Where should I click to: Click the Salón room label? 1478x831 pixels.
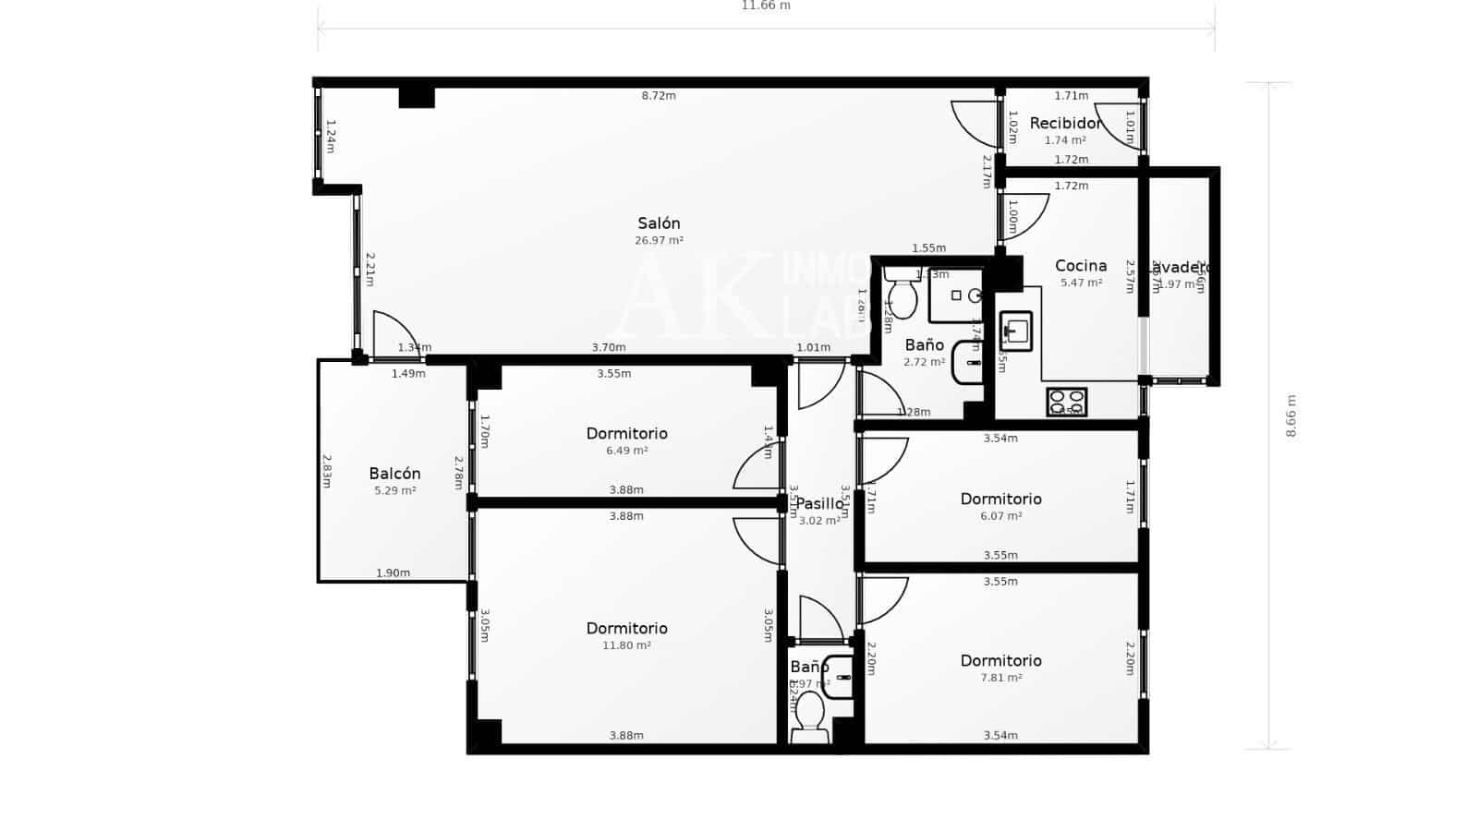[659, 223]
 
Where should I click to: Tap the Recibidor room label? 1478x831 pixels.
[1065, 123]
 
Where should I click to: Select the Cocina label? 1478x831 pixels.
[1081, 266]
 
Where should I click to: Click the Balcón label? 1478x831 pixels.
[394, 474]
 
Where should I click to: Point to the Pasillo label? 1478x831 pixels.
[819, 503]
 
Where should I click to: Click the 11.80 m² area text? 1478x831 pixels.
[626, 645]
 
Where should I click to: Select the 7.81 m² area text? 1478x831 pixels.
[1000, 678]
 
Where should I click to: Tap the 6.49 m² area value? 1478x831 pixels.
[626, 451]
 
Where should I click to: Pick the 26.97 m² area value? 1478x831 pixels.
[659, 240]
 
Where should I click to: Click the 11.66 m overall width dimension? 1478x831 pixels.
[766, 6]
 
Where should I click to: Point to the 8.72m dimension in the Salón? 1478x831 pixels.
[659, 96]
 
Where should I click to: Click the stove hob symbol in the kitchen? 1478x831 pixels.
[1066, 402]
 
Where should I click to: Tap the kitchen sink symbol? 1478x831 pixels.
[1016, 331]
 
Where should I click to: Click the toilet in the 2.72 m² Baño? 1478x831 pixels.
[901, 295]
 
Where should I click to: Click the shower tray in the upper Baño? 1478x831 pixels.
[956, 295]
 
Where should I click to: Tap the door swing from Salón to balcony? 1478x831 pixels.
[394, 334]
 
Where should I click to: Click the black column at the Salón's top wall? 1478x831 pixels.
[417, 97]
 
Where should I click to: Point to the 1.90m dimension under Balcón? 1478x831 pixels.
[393, 573]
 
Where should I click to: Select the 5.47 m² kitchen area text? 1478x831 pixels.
[1081, 283]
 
